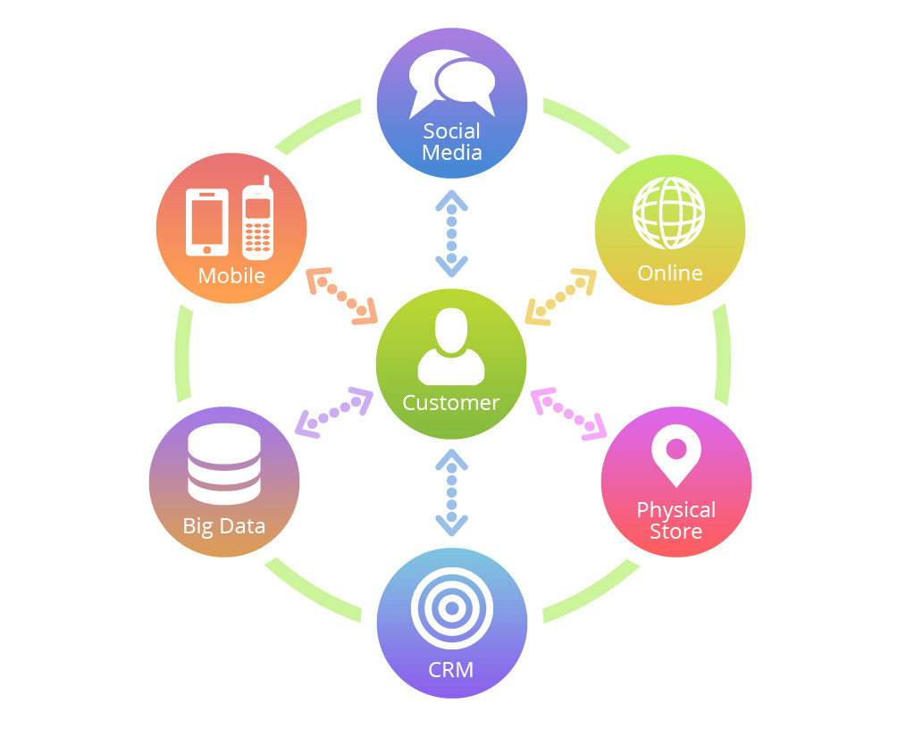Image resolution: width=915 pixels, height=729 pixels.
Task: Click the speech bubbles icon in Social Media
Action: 451,84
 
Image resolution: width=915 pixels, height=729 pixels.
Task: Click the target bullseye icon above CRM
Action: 452,608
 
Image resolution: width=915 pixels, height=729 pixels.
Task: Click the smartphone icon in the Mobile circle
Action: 206,222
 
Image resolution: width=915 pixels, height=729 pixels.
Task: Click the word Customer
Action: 451,403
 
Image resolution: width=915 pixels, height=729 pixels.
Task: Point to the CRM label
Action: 451,669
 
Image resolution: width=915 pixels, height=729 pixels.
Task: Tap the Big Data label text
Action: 224,526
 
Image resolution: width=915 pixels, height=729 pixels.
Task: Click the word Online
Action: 670,273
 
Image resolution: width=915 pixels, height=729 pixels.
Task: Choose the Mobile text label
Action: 231,275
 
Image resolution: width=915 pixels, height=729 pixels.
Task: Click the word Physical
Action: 676,510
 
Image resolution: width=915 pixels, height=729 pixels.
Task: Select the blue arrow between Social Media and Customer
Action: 451,233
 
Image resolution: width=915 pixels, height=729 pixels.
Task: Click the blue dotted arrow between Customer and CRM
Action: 451,492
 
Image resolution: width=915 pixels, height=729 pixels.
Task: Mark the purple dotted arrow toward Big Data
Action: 334,412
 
